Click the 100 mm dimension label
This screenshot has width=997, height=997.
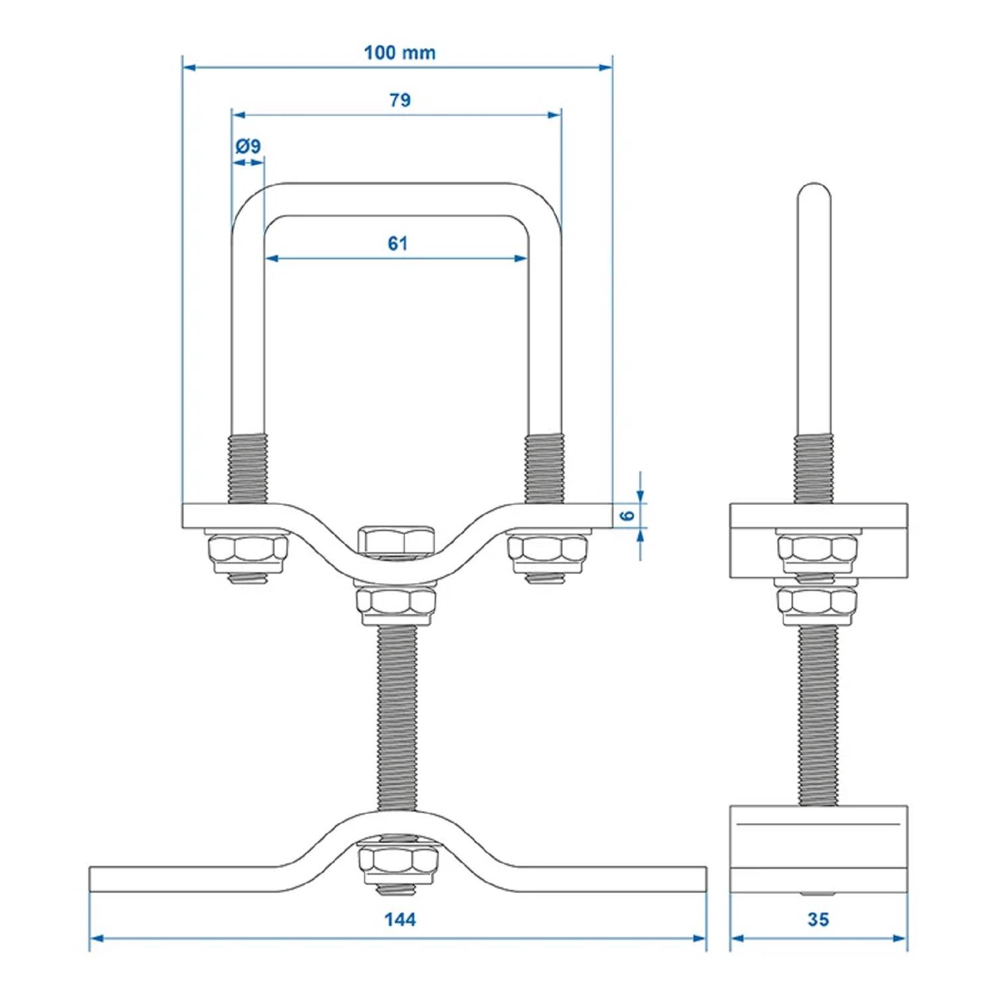tap(399, 53)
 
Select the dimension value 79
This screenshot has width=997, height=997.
tap(399, 100)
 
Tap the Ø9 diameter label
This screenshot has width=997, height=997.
tap(248, 146)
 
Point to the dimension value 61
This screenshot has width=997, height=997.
tap(397, 244)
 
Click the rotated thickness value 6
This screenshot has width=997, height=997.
tap(627, 515)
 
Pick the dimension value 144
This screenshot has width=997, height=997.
tap(400, 919)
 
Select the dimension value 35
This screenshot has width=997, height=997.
tap(818, 919)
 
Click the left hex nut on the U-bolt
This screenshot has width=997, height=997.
tap(248, 550)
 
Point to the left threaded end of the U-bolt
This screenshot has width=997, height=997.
tap(248, 468)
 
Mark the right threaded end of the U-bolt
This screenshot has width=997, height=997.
tap(545, 468)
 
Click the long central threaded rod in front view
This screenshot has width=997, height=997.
tap(397, 718)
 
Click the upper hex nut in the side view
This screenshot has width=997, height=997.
tap(817, 550)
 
